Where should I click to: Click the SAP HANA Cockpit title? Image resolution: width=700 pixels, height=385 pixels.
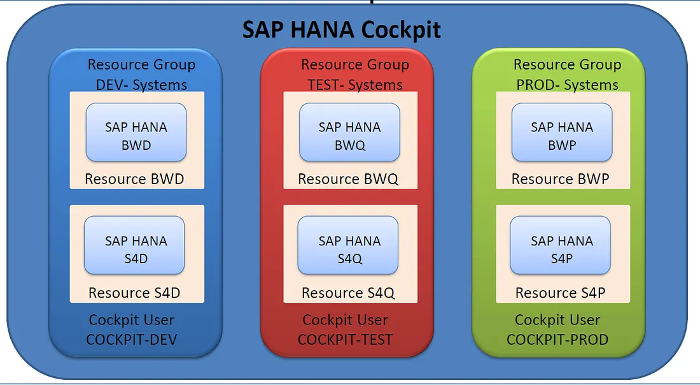341,30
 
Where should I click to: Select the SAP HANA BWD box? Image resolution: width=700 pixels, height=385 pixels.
136,133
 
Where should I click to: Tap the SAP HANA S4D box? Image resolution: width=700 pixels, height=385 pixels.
135,247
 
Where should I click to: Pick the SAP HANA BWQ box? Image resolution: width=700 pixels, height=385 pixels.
349,133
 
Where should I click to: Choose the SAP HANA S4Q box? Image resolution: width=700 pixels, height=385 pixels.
348,247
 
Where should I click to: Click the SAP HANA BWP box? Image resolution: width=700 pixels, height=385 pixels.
562,133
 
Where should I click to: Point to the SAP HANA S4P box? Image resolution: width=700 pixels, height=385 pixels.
561,247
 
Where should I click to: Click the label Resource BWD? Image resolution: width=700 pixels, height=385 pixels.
134,179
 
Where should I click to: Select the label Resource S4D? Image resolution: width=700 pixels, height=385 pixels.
134,293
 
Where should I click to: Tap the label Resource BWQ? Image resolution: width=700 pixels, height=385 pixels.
348,179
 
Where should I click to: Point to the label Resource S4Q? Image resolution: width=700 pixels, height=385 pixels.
348,293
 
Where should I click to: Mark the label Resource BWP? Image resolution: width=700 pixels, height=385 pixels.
560,179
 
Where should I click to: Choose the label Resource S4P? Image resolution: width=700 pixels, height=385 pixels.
560,293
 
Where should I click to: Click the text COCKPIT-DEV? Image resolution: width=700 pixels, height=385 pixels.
132,340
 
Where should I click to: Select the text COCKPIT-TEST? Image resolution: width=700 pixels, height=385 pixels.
346,340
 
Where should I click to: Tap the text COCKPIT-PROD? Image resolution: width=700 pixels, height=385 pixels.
557,340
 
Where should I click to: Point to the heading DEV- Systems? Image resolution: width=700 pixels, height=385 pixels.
141,85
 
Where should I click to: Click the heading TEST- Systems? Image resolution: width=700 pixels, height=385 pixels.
355,85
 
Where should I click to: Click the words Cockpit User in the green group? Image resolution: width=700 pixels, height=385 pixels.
557,320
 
